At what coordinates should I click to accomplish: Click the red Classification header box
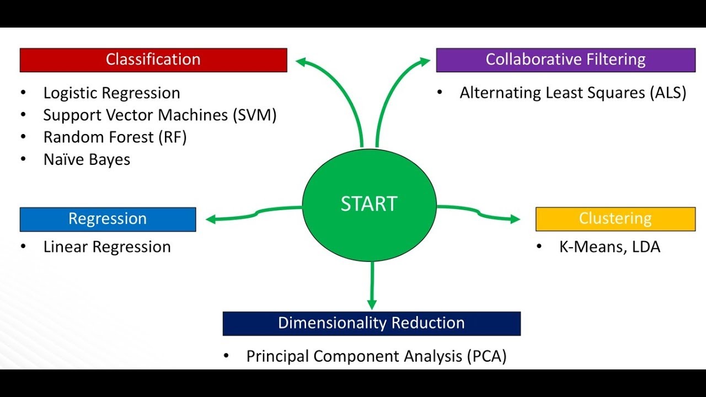click(153, 60)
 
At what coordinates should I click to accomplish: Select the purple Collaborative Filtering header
click(565, 60)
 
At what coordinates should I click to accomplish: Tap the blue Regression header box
click(108, 219)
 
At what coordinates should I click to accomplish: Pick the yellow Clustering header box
click(615, 219)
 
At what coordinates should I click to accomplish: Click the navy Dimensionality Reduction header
click(371, 323)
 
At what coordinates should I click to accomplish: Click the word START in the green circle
click(369, 204)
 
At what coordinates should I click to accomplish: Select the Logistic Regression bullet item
click(111, 93)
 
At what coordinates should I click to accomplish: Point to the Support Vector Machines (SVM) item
click(160, 115)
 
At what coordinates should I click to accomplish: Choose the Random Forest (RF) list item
click(115, 137)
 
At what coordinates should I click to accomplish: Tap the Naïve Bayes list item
click(87, 160)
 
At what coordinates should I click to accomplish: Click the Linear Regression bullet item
click(107, 247)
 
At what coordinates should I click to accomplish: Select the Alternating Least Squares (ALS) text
click(573, 93)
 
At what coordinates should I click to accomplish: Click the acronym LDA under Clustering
click(646, 247)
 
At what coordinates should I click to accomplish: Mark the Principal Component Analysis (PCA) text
click(376, 356)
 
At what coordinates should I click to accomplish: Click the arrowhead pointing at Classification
click(301, 62)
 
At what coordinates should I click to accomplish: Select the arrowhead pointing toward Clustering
click(515, 219)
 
